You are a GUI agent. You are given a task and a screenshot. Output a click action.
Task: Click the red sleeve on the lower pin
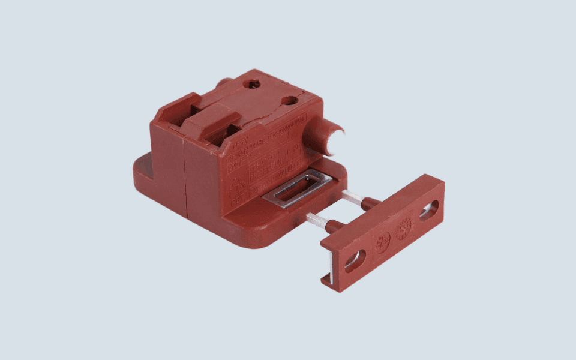(334, 227)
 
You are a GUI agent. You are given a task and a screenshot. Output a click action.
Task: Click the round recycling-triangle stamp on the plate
(382, 242)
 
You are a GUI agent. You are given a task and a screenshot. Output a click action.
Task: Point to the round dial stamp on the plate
(403, 228)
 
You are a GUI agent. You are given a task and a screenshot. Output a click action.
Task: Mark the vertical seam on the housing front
(184, 174)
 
